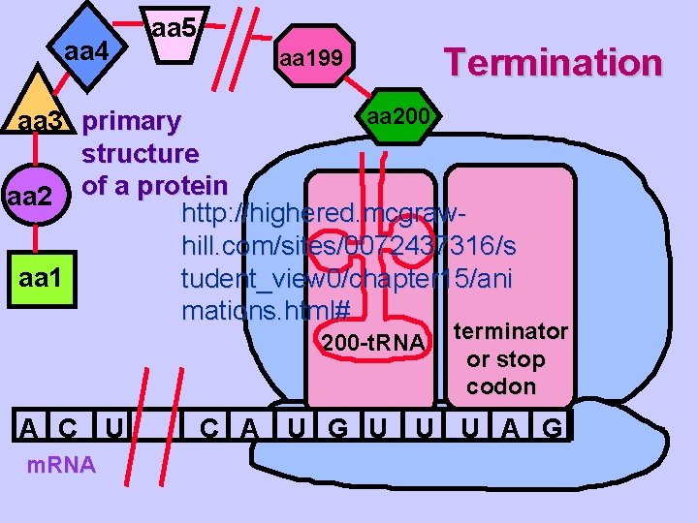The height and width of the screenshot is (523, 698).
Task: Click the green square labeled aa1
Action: coord(41,281)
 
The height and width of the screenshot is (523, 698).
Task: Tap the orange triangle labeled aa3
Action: coord(39,111)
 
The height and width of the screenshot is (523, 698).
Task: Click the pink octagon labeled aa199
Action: coord(310,59)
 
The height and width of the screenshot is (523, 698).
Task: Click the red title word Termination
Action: coord(553,62)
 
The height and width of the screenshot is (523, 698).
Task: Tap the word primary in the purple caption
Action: coord(131,122)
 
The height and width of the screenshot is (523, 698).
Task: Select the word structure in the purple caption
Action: coord(141,153)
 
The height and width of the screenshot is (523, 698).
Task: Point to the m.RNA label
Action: coord(60,465)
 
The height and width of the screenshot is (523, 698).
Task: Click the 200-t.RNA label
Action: coord(372,343)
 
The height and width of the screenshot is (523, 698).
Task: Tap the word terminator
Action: coord(511,331)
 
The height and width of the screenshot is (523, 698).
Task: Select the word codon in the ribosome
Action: coord(500,386)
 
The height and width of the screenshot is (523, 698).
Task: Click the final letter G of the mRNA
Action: coord(552,427)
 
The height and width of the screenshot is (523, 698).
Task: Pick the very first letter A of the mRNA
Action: coord(33,427)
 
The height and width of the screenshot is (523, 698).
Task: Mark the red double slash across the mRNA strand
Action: coord(160,426)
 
